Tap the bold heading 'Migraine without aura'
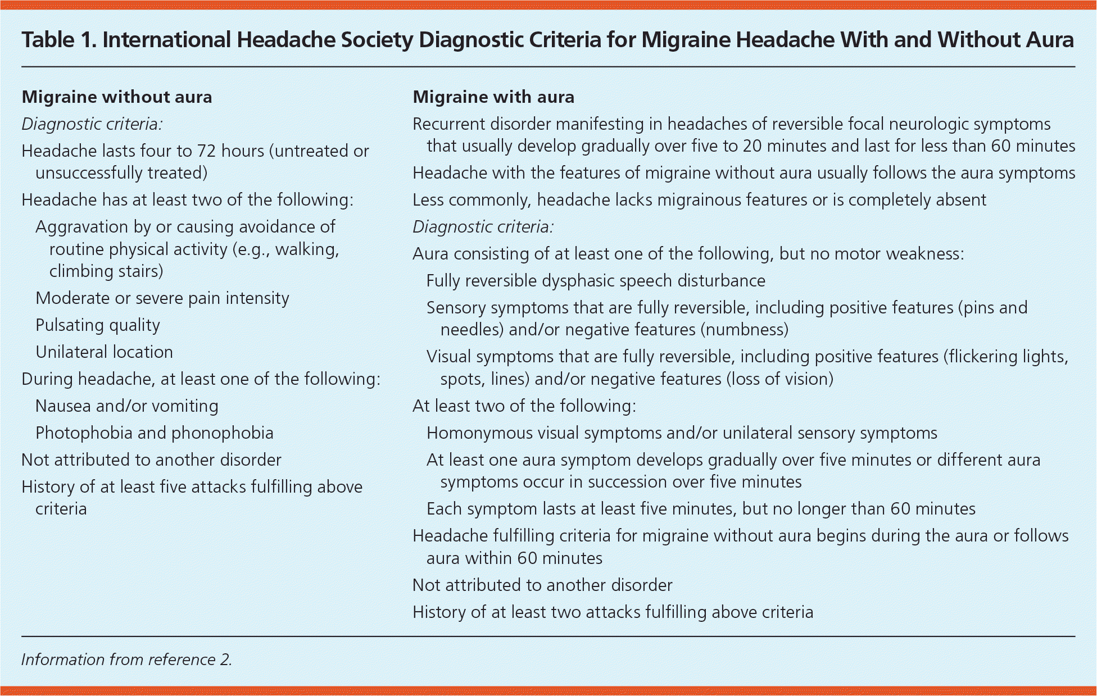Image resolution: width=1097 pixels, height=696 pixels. click(x=117, y=97)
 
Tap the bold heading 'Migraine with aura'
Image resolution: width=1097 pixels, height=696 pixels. click(x=493, y=97)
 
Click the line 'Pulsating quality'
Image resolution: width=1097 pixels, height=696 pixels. click(x=98, y=325)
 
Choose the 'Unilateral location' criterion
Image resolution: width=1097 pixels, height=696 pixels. click(x=104, y=352)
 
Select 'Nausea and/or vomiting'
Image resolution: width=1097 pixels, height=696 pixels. click(x=126, y=406)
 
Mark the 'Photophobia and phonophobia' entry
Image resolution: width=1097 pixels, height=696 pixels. click(x=154, y=433)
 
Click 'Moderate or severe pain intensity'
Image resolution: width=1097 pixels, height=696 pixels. click(x=162, y=298)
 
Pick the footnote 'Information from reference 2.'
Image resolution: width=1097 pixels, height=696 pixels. click(x=126, y=659)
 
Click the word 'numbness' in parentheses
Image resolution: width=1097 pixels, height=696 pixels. click(x=744, y=330)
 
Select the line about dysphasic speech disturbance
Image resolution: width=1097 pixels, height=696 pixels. click(x=596, y=281)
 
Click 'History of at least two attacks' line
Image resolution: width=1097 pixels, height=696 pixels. click(x=613, y=612)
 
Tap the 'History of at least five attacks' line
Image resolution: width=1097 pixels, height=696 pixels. click(x=192, y=487)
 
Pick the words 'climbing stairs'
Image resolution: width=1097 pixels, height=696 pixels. click(x=106, y=271)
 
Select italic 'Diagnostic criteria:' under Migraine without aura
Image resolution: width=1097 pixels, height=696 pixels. click(x=92, y=124)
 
